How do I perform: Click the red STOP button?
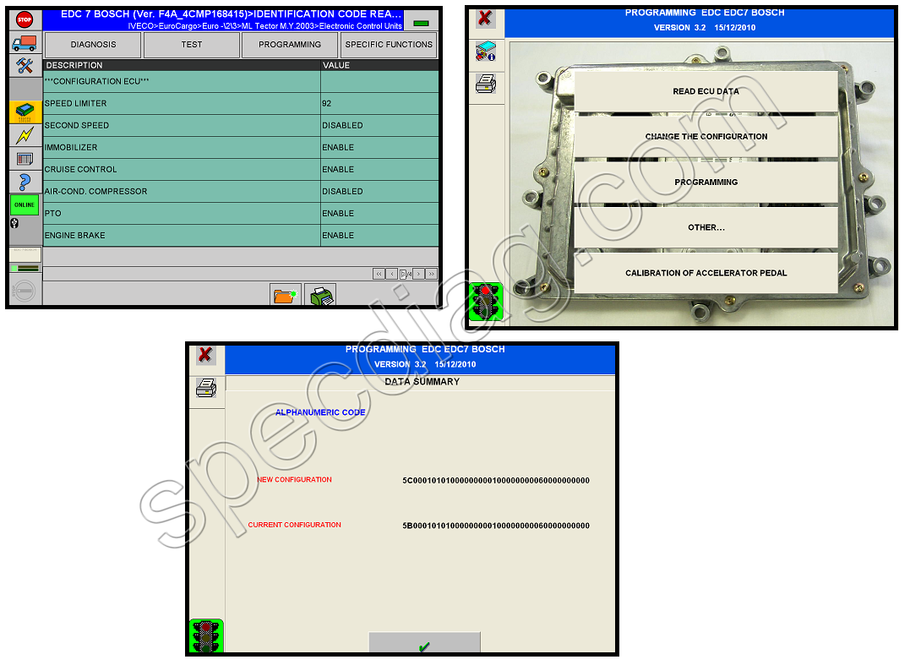click(x=25, y=19)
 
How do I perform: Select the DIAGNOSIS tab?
click(x=93, y=45)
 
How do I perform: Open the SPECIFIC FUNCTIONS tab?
click(x=389, y=45)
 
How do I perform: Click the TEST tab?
click(x=192, y=45)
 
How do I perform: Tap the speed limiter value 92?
click(x=327, y=103)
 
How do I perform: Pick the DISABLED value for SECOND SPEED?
click(x=342, y=125)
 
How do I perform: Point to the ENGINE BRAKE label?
click(x=75, y=236)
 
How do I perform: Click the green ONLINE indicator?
click(x=25, y=204)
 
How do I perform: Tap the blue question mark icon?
click(x=25, y=182)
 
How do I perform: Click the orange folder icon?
click(x=285, y=296)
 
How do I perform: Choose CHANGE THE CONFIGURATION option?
click(x=706, y=136)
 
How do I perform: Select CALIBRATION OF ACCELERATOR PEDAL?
click(x=706, y=273)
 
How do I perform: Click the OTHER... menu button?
click(x=706, y=227)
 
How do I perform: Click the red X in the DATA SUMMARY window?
click(x=204, y=355)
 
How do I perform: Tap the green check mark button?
click(x=424, y=646)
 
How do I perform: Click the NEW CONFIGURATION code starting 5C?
click(x=496, y=481)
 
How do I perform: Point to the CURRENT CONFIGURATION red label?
click(x=294, y=525)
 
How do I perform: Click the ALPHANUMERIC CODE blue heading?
click(x=320, y=412)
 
